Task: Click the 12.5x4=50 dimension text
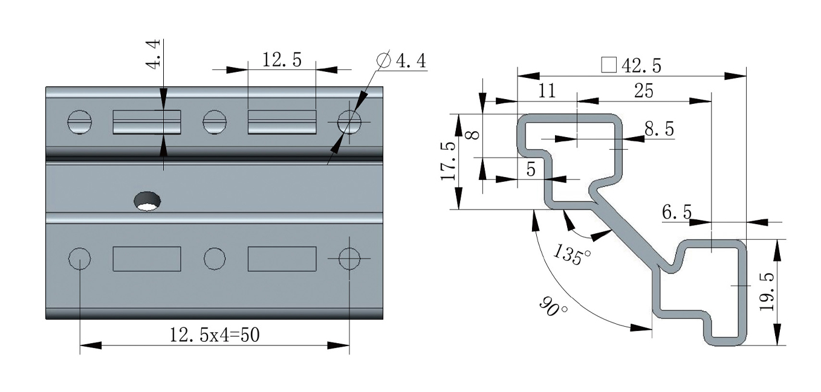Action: pos(215,334)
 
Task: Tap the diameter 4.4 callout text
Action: pos(401,60)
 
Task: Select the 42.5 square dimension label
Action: pos(632,65)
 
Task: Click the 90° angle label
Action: pos(554,306)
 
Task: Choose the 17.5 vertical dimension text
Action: pos(448,162)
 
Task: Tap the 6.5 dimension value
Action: pos(677,212)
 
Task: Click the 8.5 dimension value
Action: pos(658,129)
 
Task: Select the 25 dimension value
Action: pos(643,91)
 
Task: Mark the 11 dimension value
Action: pos(546,91)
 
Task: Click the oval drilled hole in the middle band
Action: pos(148,201)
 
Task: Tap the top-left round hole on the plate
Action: pos(80,123)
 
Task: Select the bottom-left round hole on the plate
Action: pos(80,259)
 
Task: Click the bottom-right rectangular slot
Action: pos(282,259)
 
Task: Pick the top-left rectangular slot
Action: pos(147,122)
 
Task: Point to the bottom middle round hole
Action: pos(215,259)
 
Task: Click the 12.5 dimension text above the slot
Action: pos(281,60)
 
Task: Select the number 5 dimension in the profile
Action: pos(531,170)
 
